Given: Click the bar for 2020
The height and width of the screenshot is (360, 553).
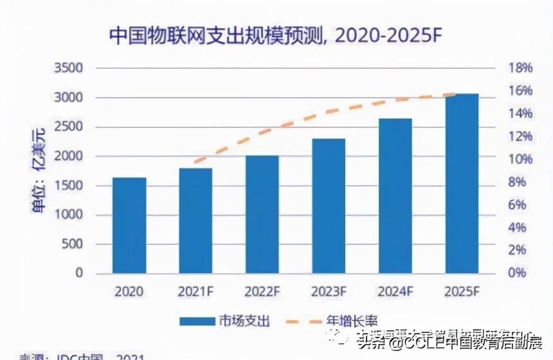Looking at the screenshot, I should pyautogui.click(x=129, y=225).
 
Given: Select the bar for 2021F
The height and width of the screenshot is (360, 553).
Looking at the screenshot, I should pyautogui.click(x=195, y=221).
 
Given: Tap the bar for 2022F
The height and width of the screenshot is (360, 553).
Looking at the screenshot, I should pyautogui.click(x=262, y=214).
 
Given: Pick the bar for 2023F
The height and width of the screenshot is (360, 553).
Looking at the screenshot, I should pyautogui.click(x=329, y=206).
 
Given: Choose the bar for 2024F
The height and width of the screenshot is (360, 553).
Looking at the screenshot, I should pyautogui.click(x=395, y=195).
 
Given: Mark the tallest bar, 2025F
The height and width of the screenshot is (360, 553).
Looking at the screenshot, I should pyautogui.click(x=462, y=183).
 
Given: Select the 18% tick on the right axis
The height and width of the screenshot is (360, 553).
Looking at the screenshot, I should pyautogui.click(x=502, y=68).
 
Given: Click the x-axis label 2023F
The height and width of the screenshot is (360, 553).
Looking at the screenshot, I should pyautogui.click(x=329, y=291).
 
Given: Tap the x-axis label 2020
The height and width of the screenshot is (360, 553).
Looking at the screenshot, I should pyautogui.click(x=129, y=291).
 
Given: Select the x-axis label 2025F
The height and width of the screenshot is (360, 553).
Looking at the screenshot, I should pyautogui.click(x=462, y=291).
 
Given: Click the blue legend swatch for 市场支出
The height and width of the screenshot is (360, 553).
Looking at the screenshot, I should pyautogui.click(x=201, y=320).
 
